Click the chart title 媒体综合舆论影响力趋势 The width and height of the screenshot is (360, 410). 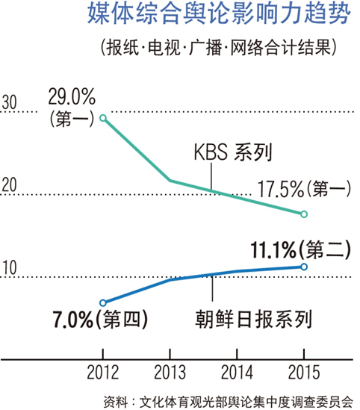(x=219, y=13)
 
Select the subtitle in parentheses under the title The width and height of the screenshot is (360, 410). (x=219, y=48)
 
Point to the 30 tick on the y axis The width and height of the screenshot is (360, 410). (x=10, y=102)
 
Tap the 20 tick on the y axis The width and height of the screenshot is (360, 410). (x=10, y=185)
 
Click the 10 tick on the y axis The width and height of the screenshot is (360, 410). (x=10, y=267)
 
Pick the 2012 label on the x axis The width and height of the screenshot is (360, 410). (x=103, y=372)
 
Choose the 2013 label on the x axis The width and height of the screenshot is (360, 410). (x=170, y=372)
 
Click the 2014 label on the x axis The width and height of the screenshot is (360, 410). (x=237, y=372)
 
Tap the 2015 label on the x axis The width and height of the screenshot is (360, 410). (x=304, y=372)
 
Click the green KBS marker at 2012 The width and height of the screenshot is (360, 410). (x=103, y=118)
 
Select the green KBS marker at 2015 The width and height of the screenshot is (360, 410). (x=304, y=214)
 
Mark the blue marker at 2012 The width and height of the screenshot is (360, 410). (x=103, y=302)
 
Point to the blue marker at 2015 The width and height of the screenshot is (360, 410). (x=304, y=267)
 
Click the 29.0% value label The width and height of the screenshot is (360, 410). (x=72, y=97)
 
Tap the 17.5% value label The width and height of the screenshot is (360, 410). (x=281, y=189)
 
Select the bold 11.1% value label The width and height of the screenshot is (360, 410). (x=273, y=250)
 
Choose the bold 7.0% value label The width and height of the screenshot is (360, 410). (x=73, y=320)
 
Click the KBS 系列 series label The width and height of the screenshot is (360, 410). (x=233, y=152)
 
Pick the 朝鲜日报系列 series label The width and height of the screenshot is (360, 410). (x=254, y=319)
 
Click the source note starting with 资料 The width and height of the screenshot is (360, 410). (x=229, y=402)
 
